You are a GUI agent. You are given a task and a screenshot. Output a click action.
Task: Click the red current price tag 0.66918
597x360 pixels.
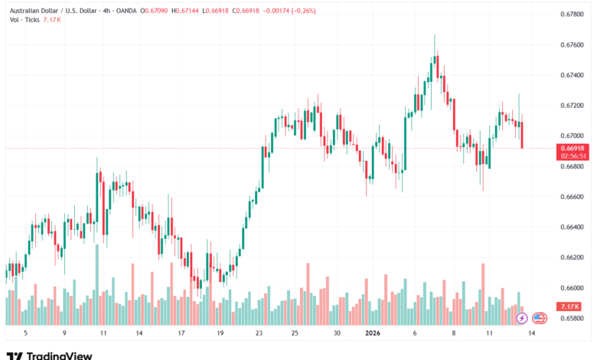pos(573,147)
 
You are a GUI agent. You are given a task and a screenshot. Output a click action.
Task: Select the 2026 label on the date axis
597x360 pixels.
pos(374,333)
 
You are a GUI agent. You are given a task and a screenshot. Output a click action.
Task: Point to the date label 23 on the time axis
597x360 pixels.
pos(259,333)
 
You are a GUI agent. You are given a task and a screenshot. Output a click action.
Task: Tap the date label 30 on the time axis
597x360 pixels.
pos(337,333)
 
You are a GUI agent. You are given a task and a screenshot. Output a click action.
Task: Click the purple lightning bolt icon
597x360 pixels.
pos(522,318)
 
